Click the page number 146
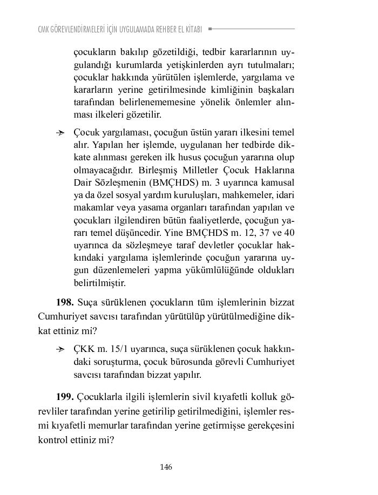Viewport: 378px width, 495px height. coord(166,467)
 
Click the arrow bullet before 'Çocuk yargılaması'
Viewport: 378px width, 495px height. coord(61,132)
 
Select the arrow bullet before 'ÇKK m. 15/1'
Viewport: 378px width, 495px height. coord(61,349)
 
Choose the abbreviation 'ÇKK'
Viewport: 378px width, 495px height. coord(84,349)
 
